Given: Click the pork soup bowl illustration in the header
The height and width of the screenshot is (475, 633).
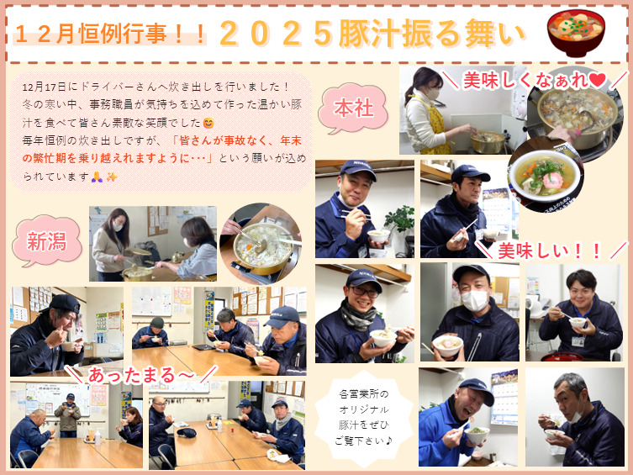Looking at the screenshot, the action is pyautogui.click(x=576, y=32).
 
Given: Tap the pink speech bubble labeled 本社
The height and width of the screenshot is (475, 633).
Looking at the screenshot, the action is pyautogui.click(x=353, y=108).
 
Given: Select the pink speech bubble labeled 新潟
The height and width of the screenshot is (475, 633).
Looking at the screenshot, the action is pyautogui.click(x=47, y=241).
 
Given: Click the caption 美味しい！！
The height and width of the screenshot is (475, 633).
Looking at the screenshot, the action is pyautogui.click(x=550, y=251).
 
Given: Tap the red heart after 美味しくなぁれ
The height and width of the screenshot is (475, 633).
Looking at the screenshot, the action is pyautogui.click(x=598, y=80).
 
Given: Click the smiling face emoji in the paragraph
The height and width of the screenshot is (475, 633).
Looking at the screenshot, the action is pyautogui.click(x=208, y=123).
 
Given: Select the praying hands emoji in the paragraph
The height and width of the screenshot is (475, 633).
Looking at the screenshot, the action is pyautogui.click(x=96, y=177).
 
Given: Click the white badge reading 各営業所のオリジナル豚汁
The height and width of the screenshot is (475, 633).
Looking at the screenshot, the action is pyautogui.click(x=364, y=418).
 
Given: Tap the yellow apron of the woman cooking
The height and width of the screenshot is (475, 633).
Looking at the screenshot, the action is pyautogui.click(x=435, y=125).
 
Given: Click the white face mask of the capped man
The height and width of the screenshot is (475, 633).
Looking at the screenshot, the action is pyautogui.click(x=475, y=300).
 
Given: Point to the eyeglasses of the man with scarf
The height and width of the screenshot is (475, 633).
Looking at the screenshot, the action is pyautogui.click(x=365, y=292).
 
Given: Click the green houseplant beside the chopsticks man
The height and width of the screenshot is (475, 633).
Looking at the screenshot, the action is pyautogui.click(x=400, y=220).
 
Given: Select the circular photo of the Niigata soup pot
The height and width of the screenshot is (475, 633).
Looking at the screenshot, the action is pyautogui.click(x=261, y=243).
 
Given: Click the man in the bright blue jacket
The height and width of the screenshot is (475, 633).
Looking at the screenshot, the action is pyautogui.click(x=456, y=423).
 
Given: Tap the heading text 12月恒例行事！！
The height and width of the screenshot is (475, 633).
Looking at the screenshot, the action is pyautogui.click(x=110, y=34).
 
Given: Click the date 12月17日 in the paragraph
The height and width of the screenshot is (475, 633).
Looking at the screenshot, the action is pyautogui.click(x=44, y=87).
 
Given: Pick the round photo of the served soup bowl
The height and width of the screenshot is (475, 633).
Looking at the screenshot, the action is pyautogui.click(x=545, y=174).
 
